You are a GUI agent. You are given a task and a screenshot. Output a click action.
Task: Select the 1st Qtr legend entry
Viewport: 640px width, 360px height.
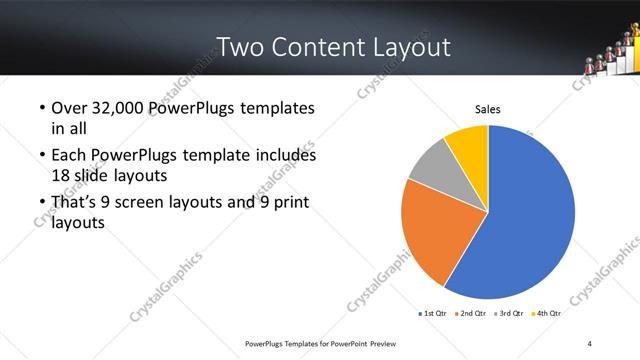431,313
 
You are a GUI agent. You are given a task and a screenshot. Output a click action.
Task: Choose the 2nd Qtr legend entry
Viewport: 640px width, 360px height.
469,313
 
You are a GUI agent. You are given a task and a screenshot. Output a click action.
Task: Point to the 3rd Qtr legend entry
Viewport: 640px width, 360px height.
507,313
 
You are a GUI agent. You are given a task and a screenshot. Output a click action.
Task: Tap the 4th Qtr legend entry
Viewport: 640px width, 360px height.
545,313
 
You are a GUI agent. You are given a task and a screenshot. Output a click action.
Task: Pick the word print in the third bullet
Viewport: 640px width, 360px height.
284,203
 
